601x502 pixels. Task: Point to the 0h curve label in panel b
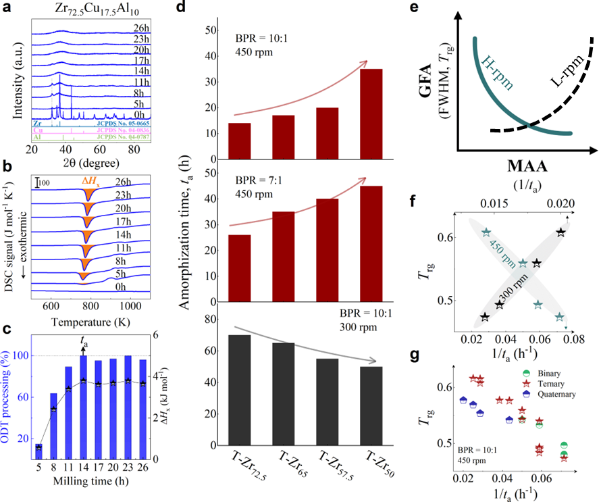point(140,286)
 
